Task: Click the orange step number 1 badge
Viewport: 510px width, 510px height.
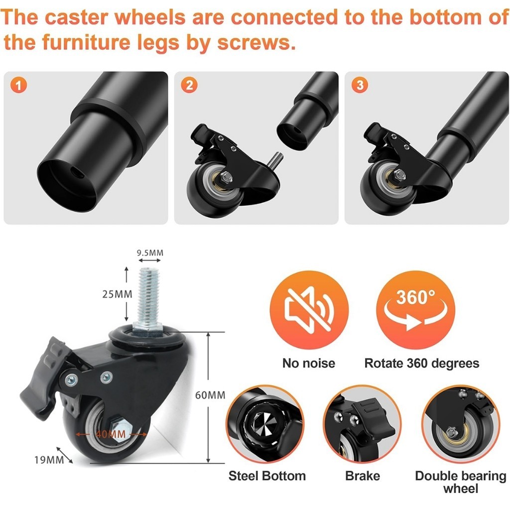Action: (x=18, y=85)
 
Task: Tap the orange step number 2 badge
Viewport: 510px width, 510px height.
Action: (x=189, y=85)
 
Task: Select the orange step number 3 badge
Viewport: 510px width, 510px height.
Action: (x=360, y=85)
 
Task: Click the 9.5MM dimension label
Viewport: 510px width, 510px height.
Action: (x=149, y=253)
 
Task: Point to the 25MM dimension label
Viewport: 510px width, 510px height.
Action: (x=117, y=294)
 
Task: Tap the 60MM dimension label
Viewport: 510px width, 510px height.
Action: (x=210, y=395)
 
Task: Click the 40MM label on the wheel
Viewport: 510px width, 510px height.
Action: (x=111, y=434)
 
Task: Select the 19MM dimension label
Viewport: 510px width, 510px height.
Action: (x=49, y=460)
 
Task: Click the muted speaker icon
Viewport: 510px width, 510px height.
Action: (x=309, y=310)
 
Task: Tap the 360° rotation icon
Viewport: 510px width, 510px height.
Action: (x=415, y=310)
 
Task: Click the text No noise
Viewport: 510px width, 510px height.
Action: (x=309, y=363)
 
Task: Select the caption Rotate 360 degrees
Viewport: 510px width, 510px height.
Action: (x=421, y=363)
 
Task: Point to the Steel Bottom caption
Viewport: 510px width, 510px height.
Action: (x=267, y=476)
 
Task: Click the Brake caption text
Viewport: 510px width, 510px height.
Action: (x=363, y=476)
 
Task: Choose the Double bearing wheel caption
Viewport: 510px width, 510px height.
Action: (x=461, y=482)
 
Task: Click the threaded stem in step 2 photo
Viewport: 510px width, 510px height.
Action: (x=275, y=160)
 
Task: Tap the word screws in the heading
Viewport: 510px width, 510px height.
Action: (x=254, y=42)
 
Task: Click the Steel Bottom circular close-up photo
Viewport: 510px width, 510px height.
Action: (x=265, y=424)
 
